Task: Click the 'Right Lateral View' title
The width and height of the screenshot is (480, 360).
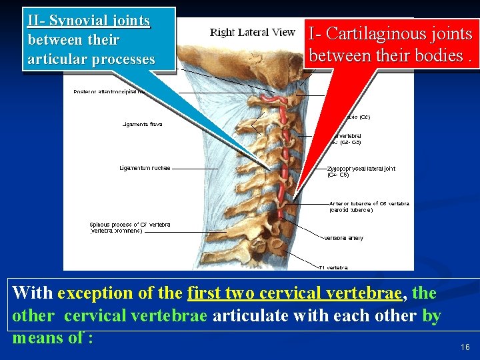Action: pyautogui.click(x=252, y=32)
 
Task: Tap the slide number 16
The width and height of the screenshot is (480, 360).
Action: pyautogui.click(x=465, y=347)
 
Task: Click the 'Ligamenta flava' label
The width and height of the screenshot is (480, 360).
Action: pyautogui.click(x=142, y=124)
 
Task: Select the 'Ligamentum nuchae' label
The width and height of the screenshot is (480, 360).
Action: pyautogui.click(x=145, y=168)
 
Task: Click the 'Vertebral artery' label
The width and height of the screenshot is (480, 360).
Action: pyautogui.click(x=344, y=238)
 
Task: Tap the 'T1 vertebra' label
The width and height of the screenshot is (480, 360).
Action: pyautogui.click(x=333, y=268)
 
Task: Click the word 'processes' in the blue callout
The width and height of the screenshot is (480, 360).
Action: pyautogui.click(x=123, y=59)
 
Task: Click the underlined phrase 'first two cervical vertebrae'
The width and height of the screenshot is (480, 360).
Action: pyautogui.click(x=294, y=293)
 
